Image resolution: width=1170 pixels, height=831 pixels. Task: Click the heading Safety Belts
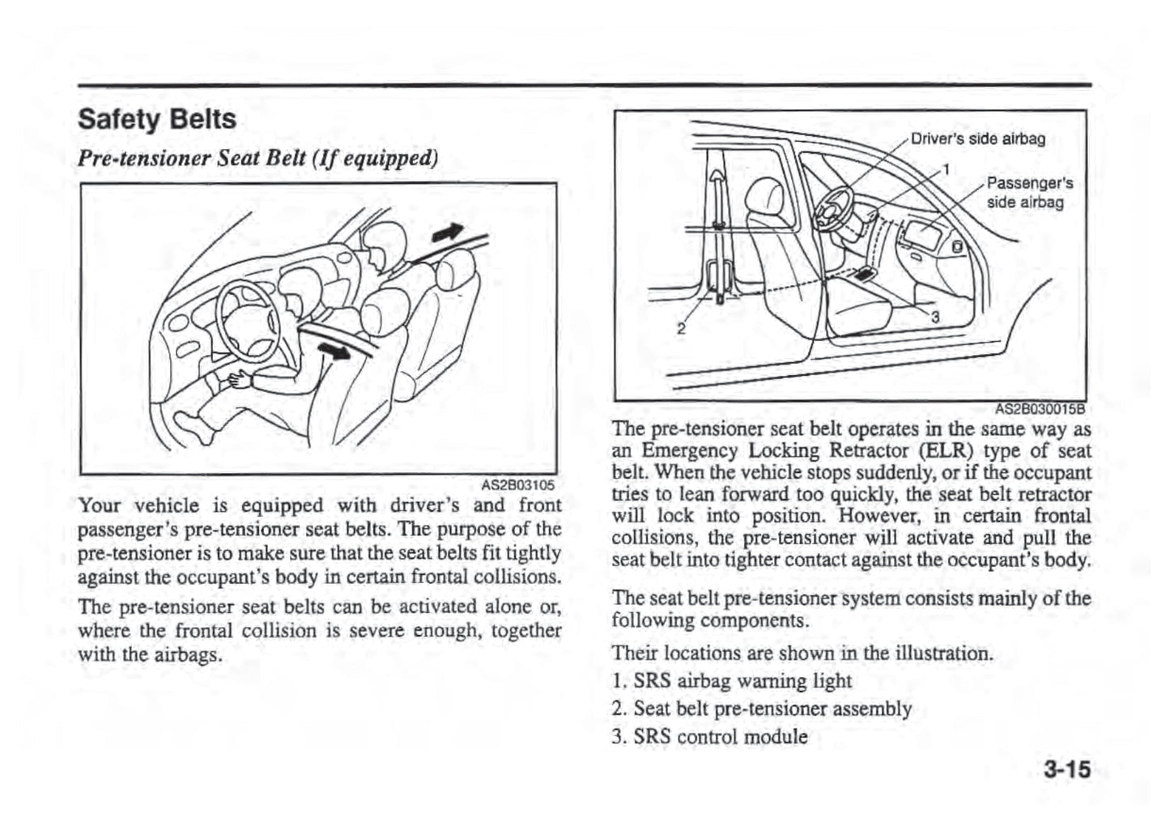[x=157, y=120]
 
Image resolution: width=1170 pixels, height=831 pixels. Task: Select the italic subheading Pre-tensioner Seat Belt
[x=257, y=156]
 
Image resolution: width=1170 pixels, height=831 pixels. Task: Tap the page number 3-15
[x=1066, y=769]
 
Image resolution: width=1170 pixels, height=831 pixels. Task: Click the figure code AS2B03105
[x=518, y=485]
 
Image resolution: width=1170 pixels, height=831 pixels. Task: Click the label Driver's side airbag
[x=978, y=138]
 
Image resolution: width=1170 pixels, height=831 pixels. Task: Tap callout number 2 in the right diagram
[x=681, y=329]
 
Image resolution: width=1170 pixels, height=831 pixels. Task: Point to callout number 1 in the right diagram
[x=945, y=170]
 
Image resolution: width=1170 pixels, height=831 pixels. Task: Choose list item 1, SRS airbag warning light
[x=732, y=681]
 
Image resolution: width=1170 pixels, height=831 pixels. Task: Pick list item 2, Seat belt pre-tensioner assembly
[x=761, y=710]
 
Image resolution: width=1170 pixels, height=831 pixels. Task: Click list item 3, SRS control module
[x=710, y=737]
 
